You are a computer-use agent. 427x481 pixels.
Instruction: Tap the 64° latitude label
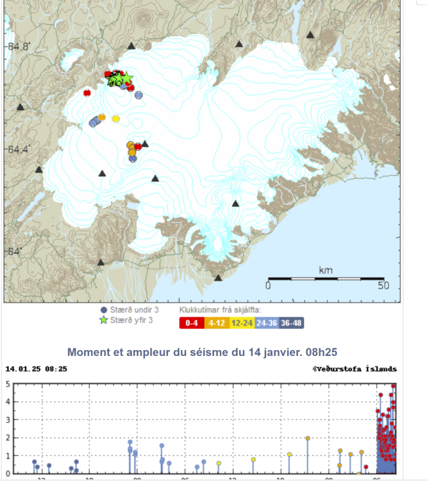click(x=12, y=251)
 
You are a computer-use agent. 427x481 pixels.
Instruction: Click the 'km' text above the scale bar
click(x=326, y=271)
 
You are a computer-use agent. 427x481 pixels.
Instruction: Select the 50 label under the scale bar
click(x=383, y=285)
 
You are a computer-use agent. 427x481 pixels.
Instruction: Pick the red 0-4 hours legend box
click(x=191, y=323)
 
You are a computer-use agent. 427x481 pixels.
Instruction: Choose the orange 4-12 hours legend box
click(x=217, y=323)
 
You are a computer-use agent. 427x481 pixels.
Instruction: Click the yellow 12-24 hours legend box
click(x=242, y=323)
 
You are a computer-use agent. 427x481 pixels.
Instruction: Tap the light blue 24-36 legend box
click(x=268, y=323)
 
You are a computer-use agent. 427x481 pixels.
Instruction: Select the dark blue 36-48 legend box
click(x=293, y=323)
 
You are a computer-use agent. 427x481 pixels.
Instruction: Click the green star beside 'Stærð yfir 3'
click(x=104, y=319)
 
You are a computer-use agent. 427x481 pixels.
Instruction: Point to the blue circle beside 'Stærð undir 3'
click(x=104, y=310)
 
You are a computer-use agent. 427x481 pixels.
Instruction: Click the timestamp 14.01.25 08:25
click(x=36, y=369)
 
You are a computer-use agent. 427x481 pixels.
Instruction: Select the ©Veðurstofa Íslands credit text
click(x=355, y=369)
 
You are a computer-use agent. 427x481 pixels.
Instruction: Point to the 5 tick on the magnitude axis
click(x=7, y=384)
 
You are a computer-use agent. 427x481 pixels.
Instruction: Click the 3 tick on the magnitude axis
click(x=7, y=420)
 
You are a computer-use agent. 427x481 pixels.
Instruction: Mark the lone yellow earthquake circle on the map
click(x=116, y=119)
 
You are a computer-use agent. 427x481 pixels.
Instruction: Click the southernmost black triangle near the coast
click(x=219, y=278)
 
